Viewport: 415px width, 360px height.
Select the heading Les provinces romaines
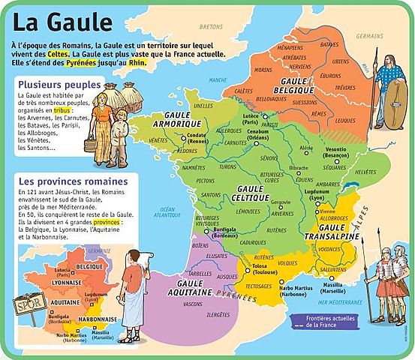(73, 181)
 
